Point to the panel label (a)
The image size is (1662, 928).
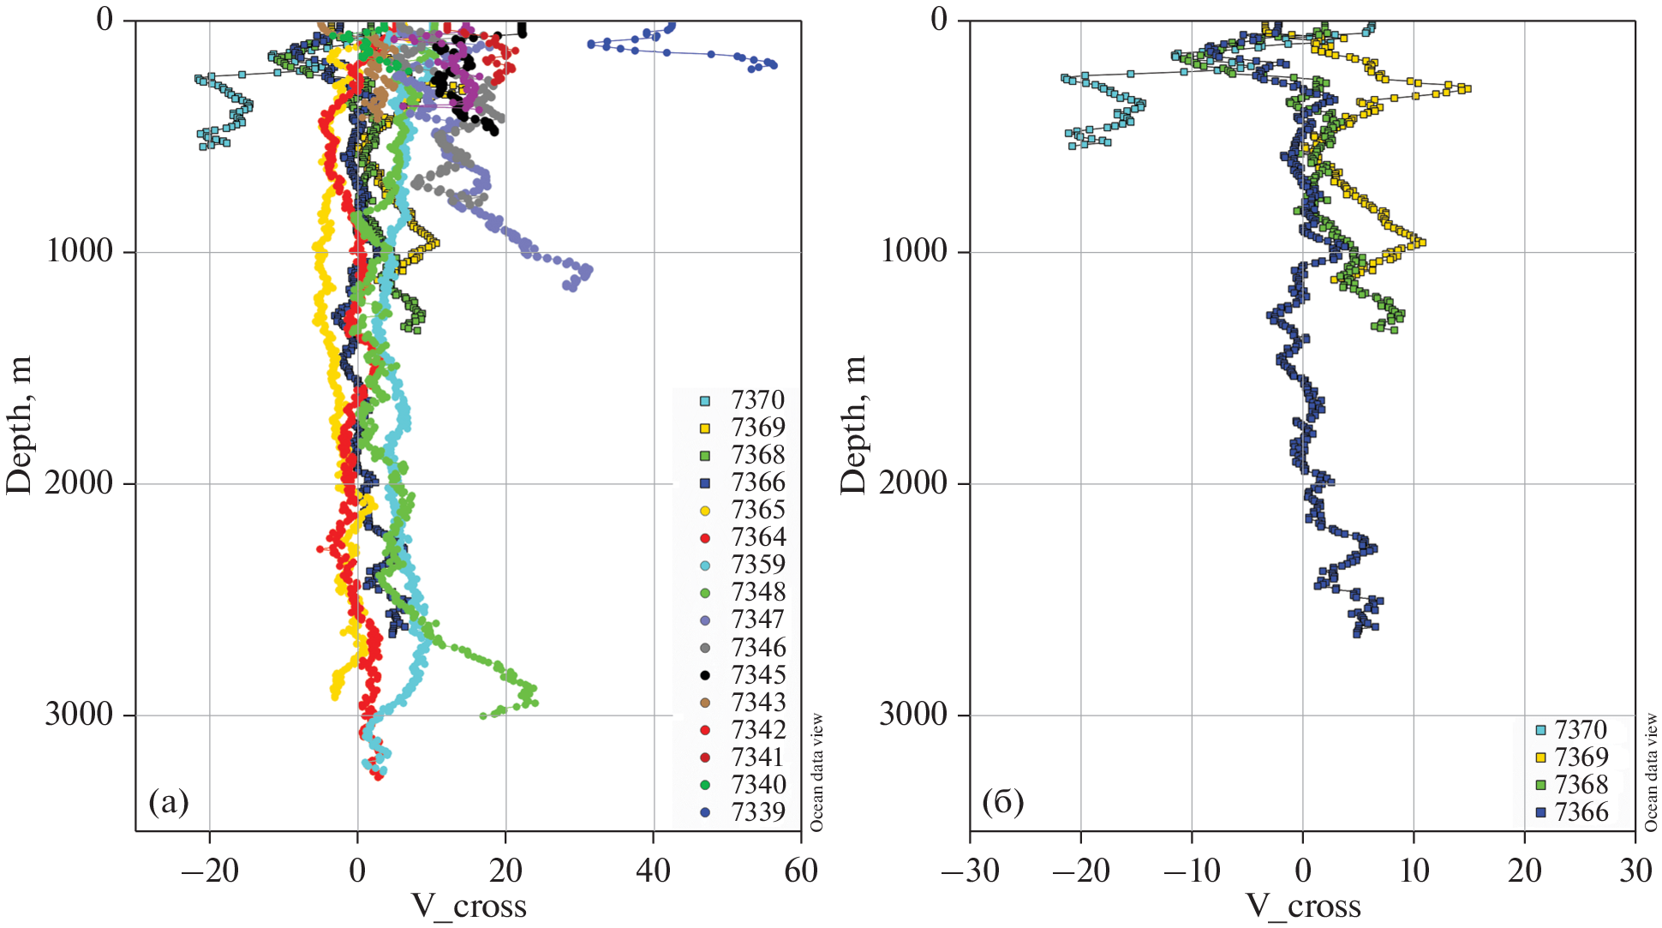pyautogui.click(x=168, y=802)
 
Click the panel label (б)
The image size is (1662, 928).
pyautogui.click(x=1002, y=802)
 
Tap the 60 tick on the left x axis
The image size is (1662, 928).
pyautogui.click(x=801, y=871)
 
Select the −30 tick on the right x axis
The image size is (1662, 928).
pyautogui.click(x=970, y=871)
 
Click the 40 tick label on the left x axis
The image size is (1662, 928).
pyautogui.click(x=653, y=871)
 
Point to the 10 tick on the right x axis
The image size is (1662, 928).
pyautogui.click(x=1414, y=871)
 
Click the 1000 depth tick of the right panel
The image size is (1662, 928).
pyautogui.click(x=913, y=251)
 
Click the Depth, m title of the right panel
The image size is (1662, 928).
pyautogui.click(x=853, y=425)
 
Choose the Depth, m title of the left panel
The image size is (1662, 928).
pyautogui.click(x=19, y=425)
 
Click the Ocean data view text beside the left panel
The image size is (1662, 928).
pyautogui.click(x=816, y=772)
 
